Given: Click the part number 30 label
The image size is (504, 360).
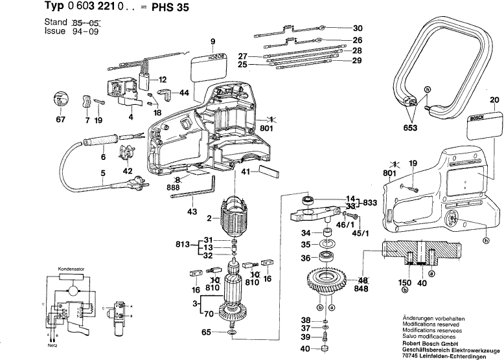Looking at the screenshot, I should [358, 28].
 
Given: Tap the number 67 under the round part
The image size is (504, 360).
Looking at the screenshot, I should [60, 120].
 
